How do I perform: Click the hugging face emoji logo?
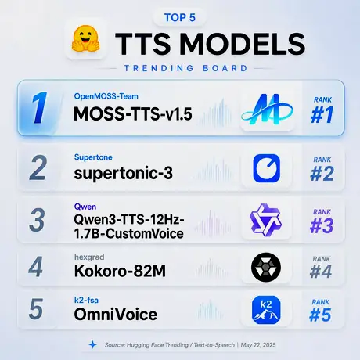click(x=85, y=39)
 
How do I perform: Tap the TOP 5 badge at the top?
click(x=180, y=17)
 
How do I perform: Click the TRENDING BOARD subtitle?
click(x=185, y=68)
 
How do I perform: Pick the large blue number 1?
click(x=39, y=107)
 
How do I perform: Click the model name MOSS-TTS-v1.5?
click(x=133, y=114)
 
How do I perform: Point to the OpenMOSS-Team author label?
click(x=106, y=96)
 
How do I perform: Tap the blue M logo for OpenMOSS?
click(x=267, y=110)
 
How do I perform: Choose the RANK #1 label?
click(x=322, y=110)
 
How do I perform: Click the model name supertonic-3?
click(x=124, y=173)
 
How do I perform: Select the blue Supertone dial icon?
click(x=266, y=168)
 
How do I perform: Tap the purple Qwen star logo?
click(x=265, y=220)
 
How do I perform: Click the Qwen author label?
click(x=85, y=207)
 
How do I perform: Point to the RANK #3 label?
click(x=322, y=221)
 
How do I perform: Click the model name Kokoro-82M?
click(x=120, y=271)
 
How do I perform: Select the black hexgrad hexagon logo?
click(x=266, y=267)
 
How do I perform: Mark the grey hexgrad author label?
click(x=89, y=257)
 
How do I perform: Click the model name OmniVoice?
click(x=116, y=314)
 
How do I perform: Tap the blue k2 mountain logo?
click(x=266, y=310)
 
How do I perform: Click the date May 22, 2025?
click(x=258, y=345)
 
